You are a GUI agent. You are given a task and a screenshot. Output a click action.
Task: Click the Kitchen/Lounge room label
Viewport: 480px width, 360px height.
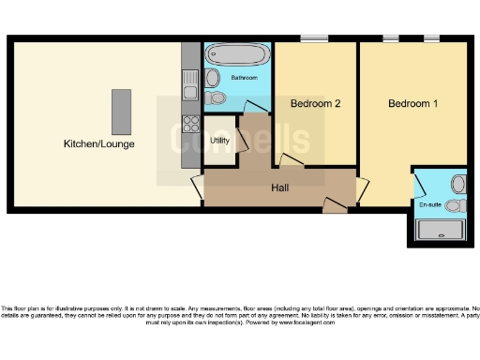pyautogui.click(x=98, y=143)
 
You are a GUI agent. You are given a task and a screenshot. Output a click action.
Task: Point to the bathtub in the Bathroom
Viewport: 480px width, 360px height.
pyautogui.click(x=236, y=52)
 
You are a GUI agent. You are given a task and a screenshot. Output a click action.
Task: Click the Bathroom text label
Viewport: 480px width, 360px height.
pyautogui.click(x=245, y=77)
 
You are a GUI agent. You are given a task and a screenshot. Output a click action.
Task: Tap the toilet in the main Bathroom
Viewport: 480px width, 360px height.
pyautogui.click(x=217, y=97)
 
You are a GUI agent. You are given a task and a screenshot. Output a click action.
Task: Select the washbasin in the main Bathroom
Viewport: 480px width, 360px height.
pyautogui.click(x=212, y=77)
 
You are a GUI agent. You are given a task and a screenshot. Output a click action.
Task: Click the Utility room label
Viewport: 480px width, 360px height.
pyautogui.click(x=219, y=141)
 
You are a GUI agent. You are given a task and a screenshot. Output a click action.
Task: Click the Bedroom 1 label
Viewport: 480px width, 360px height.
pyautogui.click(x=412, y=103)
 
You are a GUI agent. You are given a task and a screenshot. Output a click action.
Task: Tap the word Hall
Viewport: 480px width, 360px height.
pyautogui.click(x=279, y=188)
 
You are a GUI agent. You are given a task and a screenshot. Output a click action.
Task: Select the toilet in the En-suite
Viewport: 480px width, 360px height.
pyautogui.click(x=455, y=204)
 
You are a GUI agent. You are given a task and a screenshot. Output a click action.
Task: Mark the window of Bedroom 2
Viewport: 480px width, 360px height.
pyautogui.click(x=313, y=38)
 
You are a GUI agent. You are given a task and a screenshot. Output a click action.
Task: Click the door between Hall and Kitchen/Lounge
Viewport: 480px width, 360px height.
pyautogui.click(x=197, y=187)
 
